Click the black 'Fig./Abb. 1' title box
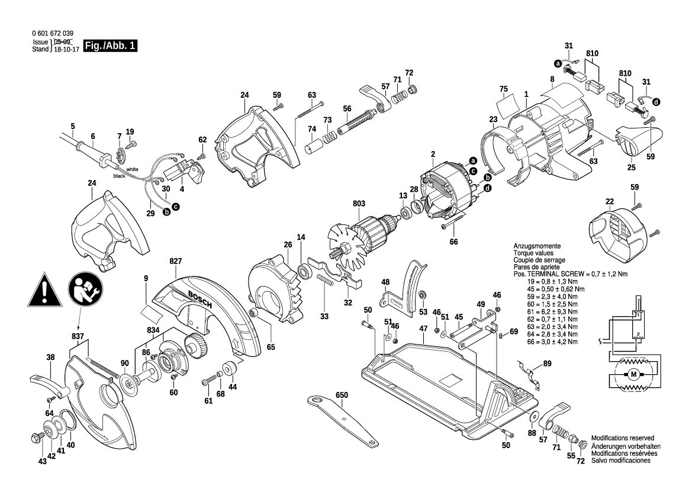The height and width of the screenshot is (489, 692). (x=110, y=46)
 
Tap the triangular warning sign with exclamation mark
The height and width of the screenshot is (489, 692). (x=44, y=291)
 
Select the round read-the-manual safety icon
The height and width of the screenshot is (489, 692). (x=86, y=290)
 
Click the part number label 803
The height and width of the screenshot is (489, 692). (x=359, y=204)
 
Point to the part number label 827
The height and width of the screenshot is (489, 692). (x=175, y=261)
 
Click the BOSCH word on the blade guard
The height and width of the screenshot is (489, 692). (x=200, y=300)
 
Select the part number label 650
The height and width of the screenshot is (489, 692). (x=342, y=395)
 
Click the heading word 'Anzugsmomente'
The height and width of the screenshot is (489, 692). (x=537, y=246)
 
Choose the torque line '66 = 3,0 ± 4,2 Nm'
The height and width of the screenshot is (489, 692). (x=552, y=342)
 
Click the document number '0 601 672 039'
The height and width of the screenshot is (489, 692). (x=53, y=33)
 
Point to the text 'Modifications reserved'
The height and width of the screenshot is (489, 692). (x=622, y=438)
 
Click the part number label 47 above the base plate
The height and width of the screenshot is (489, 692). (x=423, y=329)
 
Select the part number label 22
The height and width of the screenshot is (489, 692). (x=610, y=202)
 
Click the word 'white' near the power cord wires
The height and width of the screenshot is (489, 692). (x=132, y=169)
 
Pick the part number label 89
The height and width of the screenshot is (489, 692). (x=547, y=364)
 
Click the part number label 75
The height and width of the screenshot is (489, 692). (x=504, y=89)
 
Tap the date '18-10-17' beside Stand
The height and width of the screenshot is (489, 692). (x=66, y=49)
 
